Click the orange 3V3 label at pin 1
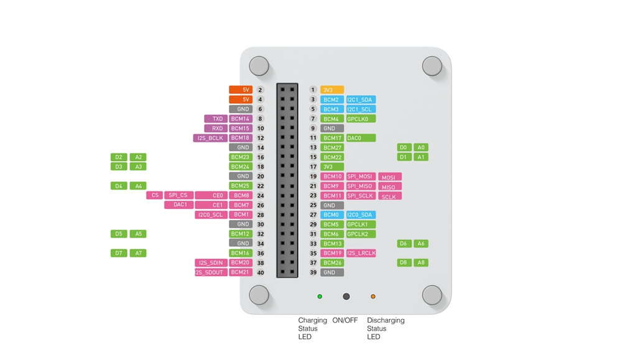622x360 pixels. pos(332,90)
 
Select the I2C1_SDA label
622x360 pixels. pos(361,99)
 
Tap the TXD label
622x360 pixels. pos(216,119)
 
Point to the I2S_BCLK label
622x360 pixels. pos(210,138)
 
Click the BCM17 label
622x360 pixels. pos(332,138)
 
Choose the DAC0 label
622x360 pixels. pos(361,138)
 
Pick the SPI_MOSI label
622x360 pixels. pos(361,177)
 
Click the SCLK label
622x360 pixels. pos(389,196)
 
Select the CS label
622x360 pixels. pos(155,195)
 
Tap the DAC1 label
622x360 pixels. pos(180,205)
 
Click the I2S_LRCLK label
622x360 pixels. pos(361,253)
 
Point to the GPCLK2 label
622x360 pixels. pos(361,234)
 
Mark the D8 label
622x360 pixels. pos(404,262)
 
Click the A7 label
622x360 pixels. pos(138,253)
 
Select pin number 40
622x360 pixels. pos(261,272)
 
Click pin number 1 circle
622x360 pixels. pos(313,90)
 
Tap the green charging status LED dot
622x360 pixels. pos(320,297)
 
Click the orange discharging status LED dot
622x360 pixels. pos(373,297)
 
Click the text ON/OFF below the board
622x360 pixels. pos(345,320)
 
